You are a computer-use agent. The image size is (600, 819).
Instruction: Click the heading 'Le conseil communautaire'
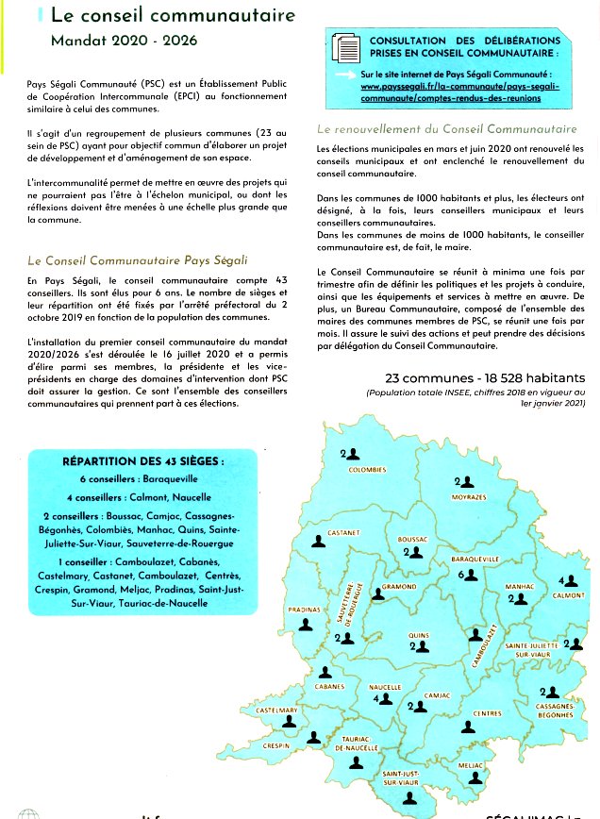click(x=172, y=16)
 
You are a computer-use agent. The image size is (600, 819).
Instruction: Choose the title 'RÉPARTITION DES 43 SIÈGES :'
click(x=143, y=461)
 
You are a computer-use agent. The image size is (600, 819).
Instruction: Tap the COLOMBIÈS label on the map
click(x=367, y=469)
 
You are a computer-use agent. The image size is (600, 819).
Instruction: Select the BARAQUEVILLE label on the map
click(x=475, y=560)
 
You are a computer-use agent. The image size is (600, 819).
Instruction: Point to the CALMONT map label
click(x=570, y=595)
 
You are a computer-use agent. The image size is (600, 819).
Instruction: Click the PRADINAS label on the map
click(x=304, y=610)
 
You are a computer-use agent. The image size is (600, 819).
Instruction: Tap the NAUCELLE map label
click(x=385, y=687)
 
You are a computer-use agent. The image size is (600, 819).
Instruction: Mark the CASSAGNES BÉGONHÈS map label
click(x=554, y=710)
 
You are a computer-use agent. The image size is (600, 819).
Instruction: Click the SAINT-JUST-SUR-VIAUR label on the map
click(x=401, y=778)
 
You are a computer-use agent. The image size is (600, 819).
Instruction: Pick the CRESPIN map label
click(x=276, y=745)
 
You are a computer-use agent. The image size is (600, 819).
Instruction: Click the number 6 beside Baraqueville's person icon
click(x=461, y=574)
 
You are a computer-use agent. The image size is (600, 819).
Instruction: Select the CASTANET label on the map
click(x=343, y=533)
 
